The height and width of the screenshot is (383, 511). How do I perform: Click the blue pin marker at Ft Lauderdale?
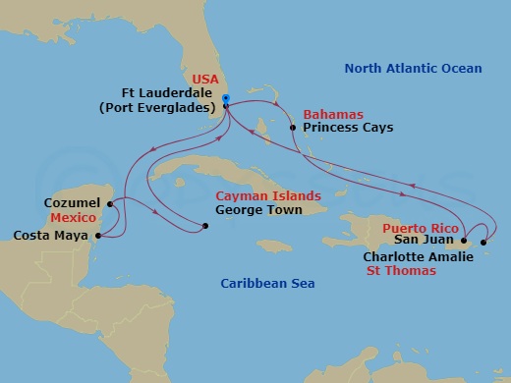(225, 99)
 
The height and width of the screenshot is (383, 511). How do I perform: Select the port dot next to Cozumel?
(111, 203)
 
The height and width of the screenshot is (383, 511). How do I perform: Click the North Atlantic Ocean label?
(413, 68)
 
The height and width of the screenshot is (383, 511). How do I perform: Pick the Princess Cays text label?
(348, 128)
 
